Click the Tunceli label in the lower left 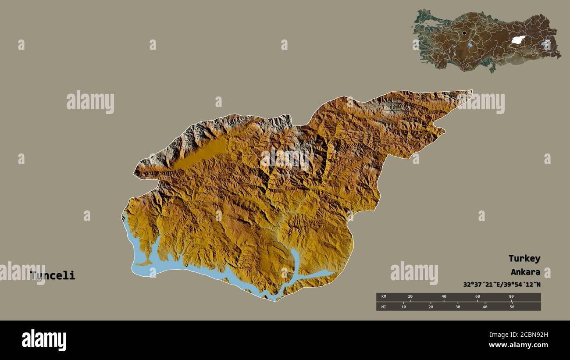tap(53, 275)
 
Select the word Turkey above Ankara tap(524, 258)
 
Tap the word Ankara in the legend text tap(525, 272)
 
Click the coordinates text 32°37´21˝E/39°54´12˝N tap(502, 284)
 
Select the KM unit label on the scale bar tap(383, 297)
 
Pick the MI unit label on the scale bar tap(383, 307)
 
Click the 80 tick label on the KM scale tap(511, 297)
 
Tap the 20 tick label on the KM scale tap(410, 297)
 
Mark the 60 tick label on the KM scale tap(477, 297)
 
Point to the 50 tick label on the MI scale tap(512, 307)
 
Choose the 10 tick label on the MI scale tap(403, 307)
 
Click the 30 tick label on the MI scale tap(458, 307)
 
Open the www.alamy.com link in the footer tap(519, 345)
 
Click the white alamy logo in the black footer tap(44, 340)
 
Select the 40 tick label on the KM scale tap(444, 297)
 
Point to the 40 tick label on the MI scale tap(484, 307)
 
